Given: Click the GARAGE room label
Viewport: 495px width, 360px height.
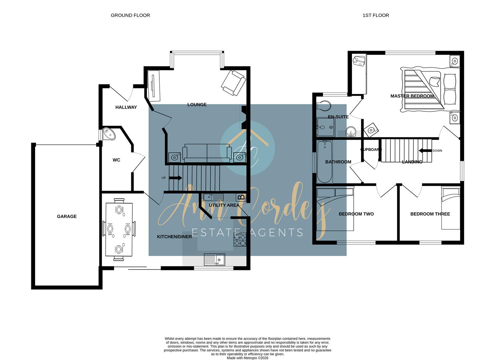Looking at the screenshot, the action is click(67, 217).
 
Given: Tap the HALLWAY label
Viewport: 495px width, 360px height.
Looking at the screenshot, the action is click(126, 107).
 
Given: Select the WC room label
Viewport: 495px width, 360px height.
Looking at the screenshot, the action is click(116, 160).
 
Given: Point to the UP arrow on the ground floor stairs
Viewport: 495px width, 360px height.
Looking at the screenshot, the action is click(175, 178).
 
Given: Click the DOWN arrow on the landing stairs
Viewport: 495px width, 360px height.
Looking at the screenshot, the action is click(425, 151).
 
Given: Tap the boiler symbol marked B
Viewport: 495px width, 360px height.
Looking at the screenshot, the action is click(242, 197).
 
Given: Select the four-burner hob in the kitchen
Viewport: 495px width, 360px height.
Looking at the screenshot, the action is click(240, 240).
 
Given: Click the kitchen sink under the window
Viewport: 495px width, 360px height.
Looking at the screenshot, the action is click(214, 260).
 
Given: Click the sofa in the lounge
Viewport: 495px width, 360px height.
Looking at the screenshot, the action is click(207, 153).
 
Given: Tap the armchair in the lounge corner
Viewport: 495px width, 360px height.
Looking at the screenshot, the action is click(234, 83).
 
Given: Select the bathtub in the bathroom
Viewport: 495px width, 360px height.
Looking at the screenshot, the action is click(324, 162).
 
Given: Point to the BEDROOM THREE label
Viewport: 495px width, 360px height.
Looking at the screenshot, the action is click(430, 214).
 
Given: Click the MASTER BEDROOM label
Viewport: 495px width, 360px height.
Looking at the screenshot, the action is click(412, 96).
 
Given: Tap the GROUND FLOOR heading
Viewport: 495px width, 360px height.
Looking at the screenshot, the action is click(130, 15).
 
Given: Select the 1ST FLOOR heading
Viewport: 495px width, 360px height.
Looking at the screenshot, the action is click(376, 15).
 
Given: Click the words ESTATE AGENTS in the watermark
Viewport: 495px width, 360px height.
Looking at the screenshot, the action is click(247, 232).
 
